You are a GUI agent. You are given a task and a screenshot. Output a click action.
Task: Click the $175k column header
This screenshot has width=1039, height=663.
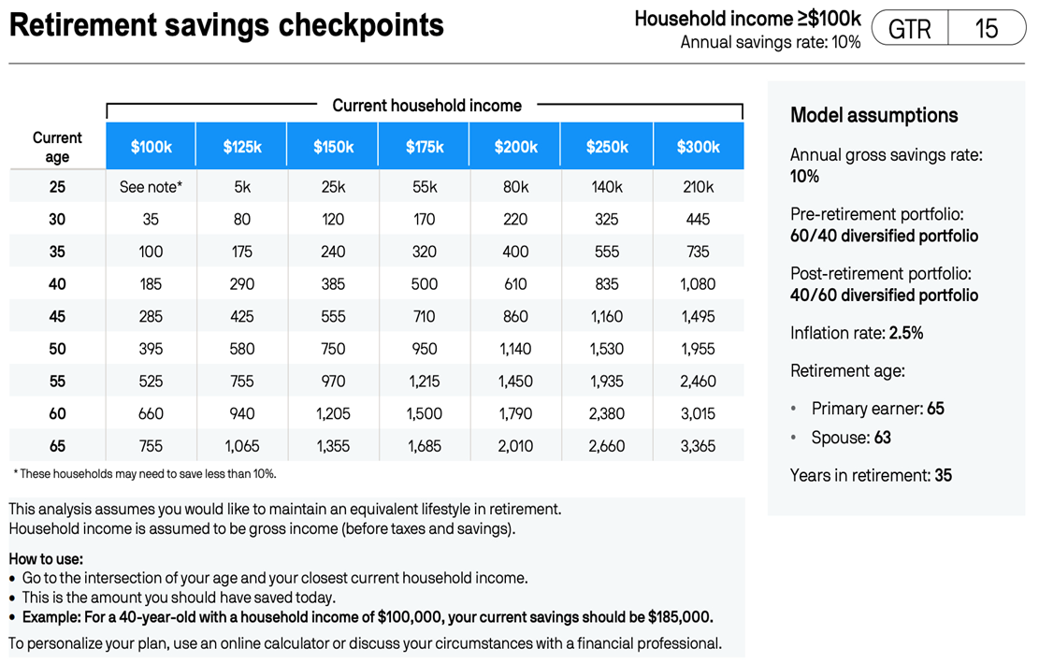pyautogui.click(x=425, y=147)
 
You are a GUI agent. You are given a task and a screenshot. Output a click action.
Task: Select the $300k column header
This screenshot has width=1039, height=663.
pyautogui.click(x=698, y=147)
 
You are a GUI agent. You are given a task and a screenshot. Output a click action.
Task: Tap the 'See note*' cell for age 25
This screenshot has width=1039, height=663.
pyautogui.click(x=151, y=187)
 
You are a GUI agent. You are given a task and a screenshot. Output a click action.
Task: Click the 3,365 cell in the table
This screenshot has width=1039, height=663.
pyautogui.click(x=698, y=446)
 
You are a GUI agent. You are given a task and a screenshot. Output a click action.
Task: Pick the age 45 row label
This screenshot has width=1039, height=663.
pyautogui.click(x=57, y=316)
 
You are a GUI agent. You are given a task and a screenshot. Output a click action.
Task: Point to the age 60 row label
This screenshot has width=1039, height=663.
pyautogui.click(x=57, y=413)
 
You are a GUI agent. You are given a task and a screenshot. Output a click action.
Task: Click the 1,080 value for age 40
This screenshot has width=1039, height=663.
pyautogui.click(x=698, y=284)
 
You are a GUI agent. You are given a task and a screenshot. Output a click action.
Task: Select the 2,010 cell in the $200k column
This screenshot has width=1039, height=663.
pyautogui.click(x=515, y=446)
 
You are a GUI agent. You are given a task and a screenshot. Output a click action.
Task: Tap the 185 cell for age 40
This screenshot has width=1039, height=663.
pyautogui.click(x=151, y=284)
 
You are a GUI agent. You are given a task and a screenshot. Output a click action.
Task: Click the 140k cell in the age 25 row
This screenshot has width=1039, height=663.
pyautogui.click(x=607, y=187)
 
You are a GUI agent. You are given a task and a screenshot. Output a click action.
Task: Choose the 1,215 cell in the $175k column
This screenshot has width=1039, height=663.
pyautogui.click(x=425, y=382)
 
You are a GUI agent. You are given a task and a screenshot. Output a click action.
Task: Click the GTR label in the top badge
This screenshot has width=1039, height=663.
pyautogui.click(x=909, y=29)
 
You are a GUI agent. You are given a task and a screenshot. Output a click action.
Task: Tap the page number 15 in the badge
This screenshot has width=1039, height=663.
pyautogui.click(x=987, y=29)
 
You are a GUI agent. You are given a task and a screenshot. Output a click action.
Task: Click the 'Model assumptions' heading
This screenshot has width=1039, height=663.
pyautogui.click(x=873, y=115)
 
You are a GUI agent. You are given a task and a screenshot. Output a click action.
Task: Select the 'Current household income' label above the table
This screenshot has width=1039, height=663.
pyautogui.click(x=426, y=106)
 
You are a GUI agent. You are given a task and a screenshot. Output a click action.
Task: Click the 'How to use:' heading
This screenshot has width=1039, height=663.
pyautogui.click(x=46, y=559)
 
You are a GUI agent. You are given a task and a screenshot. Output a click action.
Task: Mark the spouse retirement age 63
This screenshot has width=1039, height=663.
pyautogui.click(x=882, y=438)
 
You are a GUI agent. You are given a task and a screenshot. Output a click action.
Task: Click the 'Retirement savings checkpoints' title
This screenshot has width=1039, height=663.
pyautogui.click(x=226, y=26)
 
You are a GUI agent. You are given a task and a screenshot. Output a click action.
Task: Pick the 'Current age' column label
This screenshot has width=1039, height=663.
pyautogui.click(x=57, y=147)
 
